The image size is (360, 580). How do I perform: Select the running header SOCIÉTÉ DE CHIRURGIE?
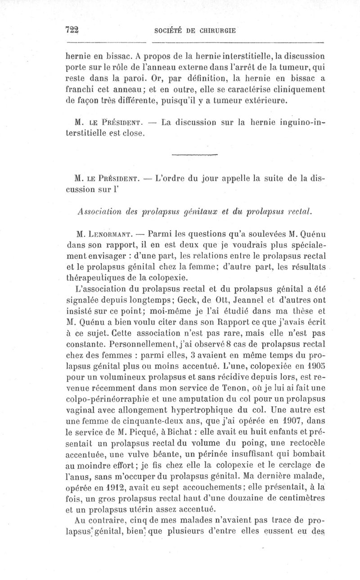195,31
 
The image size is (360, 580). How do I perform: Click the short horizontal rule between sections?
194,155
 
